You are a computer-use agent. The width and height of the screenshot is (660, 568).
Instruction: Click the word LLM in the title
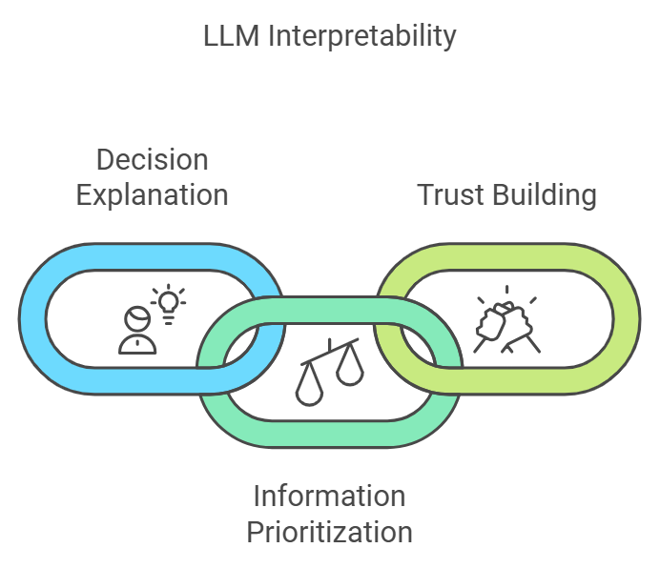coord(228,37)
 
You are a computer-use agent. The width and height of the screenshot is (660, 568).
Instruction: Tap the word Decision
coord(153,159)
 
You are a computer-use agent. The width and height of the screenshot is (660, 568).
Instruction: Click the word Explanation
coord(153,194)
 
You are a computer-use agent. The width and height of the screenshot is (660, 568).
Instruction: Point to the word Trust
coord(453,194)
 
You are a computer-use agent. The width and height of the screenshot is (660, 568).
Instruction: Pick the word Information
coord(329,496)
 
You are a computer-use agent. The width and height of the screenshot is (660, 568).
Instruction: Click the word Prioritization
coord(329,531)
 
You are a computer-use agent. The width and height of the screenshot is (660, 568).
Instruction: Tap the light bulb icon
coord(169,302)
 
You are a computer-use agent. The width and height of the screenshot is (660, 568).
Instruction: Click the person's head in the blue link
coord(136,318)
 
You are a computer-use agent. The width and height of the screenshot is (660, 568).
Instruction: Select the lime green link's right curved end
coord(627,318)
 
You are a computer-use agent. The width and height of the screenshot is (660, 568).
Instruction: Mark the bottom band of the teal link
coord(329,434)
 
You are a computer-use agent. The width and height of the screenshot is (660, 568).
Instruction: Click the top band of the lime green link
coord(505,256)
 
